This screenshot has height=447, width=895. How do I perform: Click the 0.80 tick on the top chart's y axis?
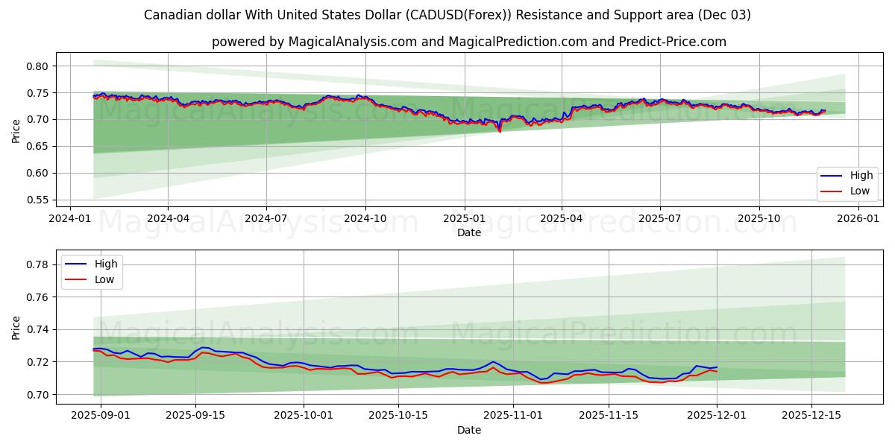click(37, 66)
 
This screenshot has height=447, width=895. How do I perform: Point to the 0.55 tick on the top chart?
click(37, 200)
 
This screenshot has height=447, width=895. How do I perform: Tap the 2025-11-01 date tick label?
click(513, 416)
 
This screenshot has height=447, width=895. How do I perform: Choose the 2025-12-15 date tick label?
click(811, 416)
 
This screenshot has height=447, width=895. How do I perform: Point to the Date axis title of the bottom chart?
click(469, 430)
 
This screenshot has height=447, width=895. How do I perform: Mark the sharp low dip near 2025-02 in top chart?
click(499, 132)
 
